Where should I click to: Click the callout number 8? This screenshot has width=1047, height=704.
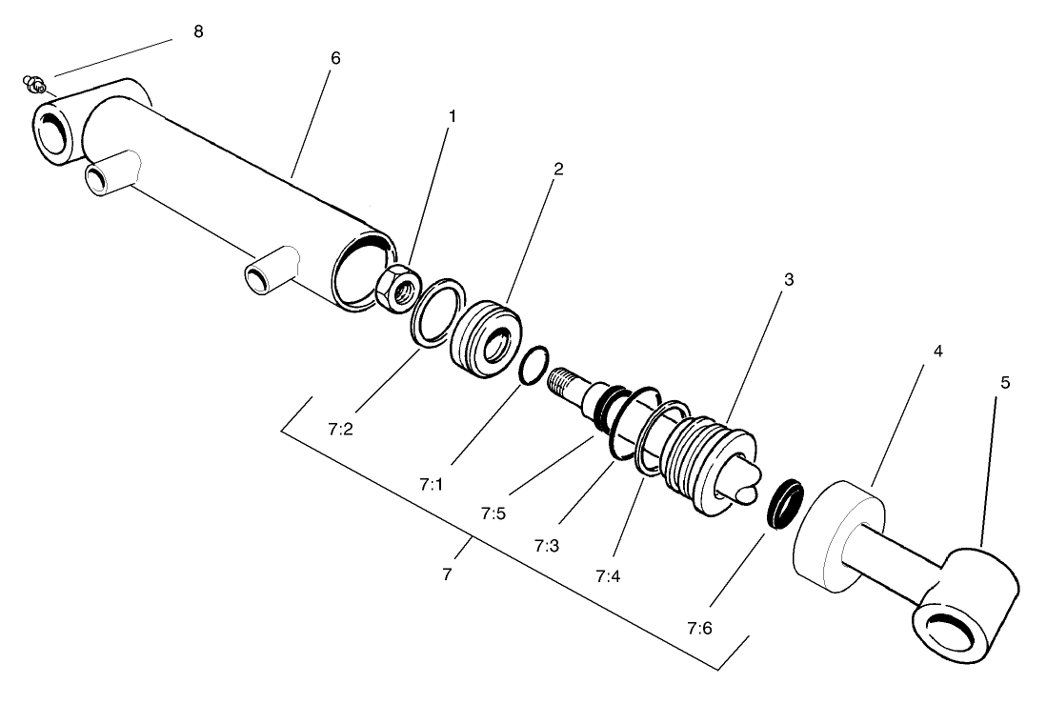(198, 31)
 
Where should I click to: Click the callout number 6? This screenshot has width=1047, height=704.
(334, 58)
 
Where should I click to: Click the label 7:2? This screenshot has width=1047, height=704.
(340, 430)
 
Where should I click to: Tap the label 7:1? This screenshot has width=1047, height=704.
(432, 484)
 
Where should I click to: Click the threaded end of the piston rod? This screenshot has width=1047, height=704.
(565, 384)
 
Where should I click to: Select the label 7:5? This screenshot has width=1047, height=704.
(493, 514)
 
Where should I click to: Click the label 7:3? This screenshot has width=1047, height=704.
(547, 546)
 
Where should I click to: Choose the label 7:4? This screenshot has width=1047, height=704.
(608, 576)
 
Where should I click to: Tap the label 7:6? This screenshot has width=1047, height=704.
(699, 629)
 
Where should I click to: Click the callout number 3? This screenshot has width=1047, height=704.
(789, 280)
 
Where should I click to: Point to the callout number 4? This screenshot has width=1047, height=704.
(937, 352)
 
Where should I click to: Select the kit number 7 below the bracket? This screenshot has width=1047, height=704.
(447, 576)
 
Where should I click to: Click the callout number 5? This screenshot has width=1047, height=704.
(1005, 382)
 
